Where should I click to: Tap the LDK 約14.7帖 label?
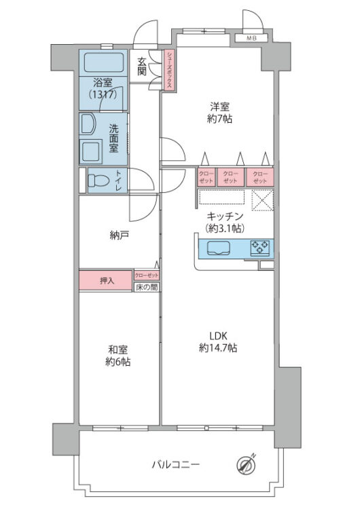click(x=217, y=342)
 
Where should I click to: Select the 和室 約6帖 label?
click(x=118, y=356)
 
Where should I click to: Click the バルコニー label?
click(x=175, y=466)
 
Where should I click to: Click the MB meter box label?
click(x=251, y=38)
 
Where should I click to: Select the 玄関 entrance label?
click(x=142, y=66)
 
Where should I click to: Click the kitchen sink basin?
click(x=221, y=248)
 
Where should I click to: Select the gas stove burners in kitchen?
click(x=260, y=248)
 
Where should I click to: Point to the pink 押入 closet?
click(x=106, y=280)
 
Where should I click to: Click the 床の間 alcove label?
click(x=147, y=288)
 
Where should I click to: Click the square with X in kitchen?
click(x=262, y=200)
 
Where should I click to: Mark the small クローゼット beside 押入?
click(x=147, y=275)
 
